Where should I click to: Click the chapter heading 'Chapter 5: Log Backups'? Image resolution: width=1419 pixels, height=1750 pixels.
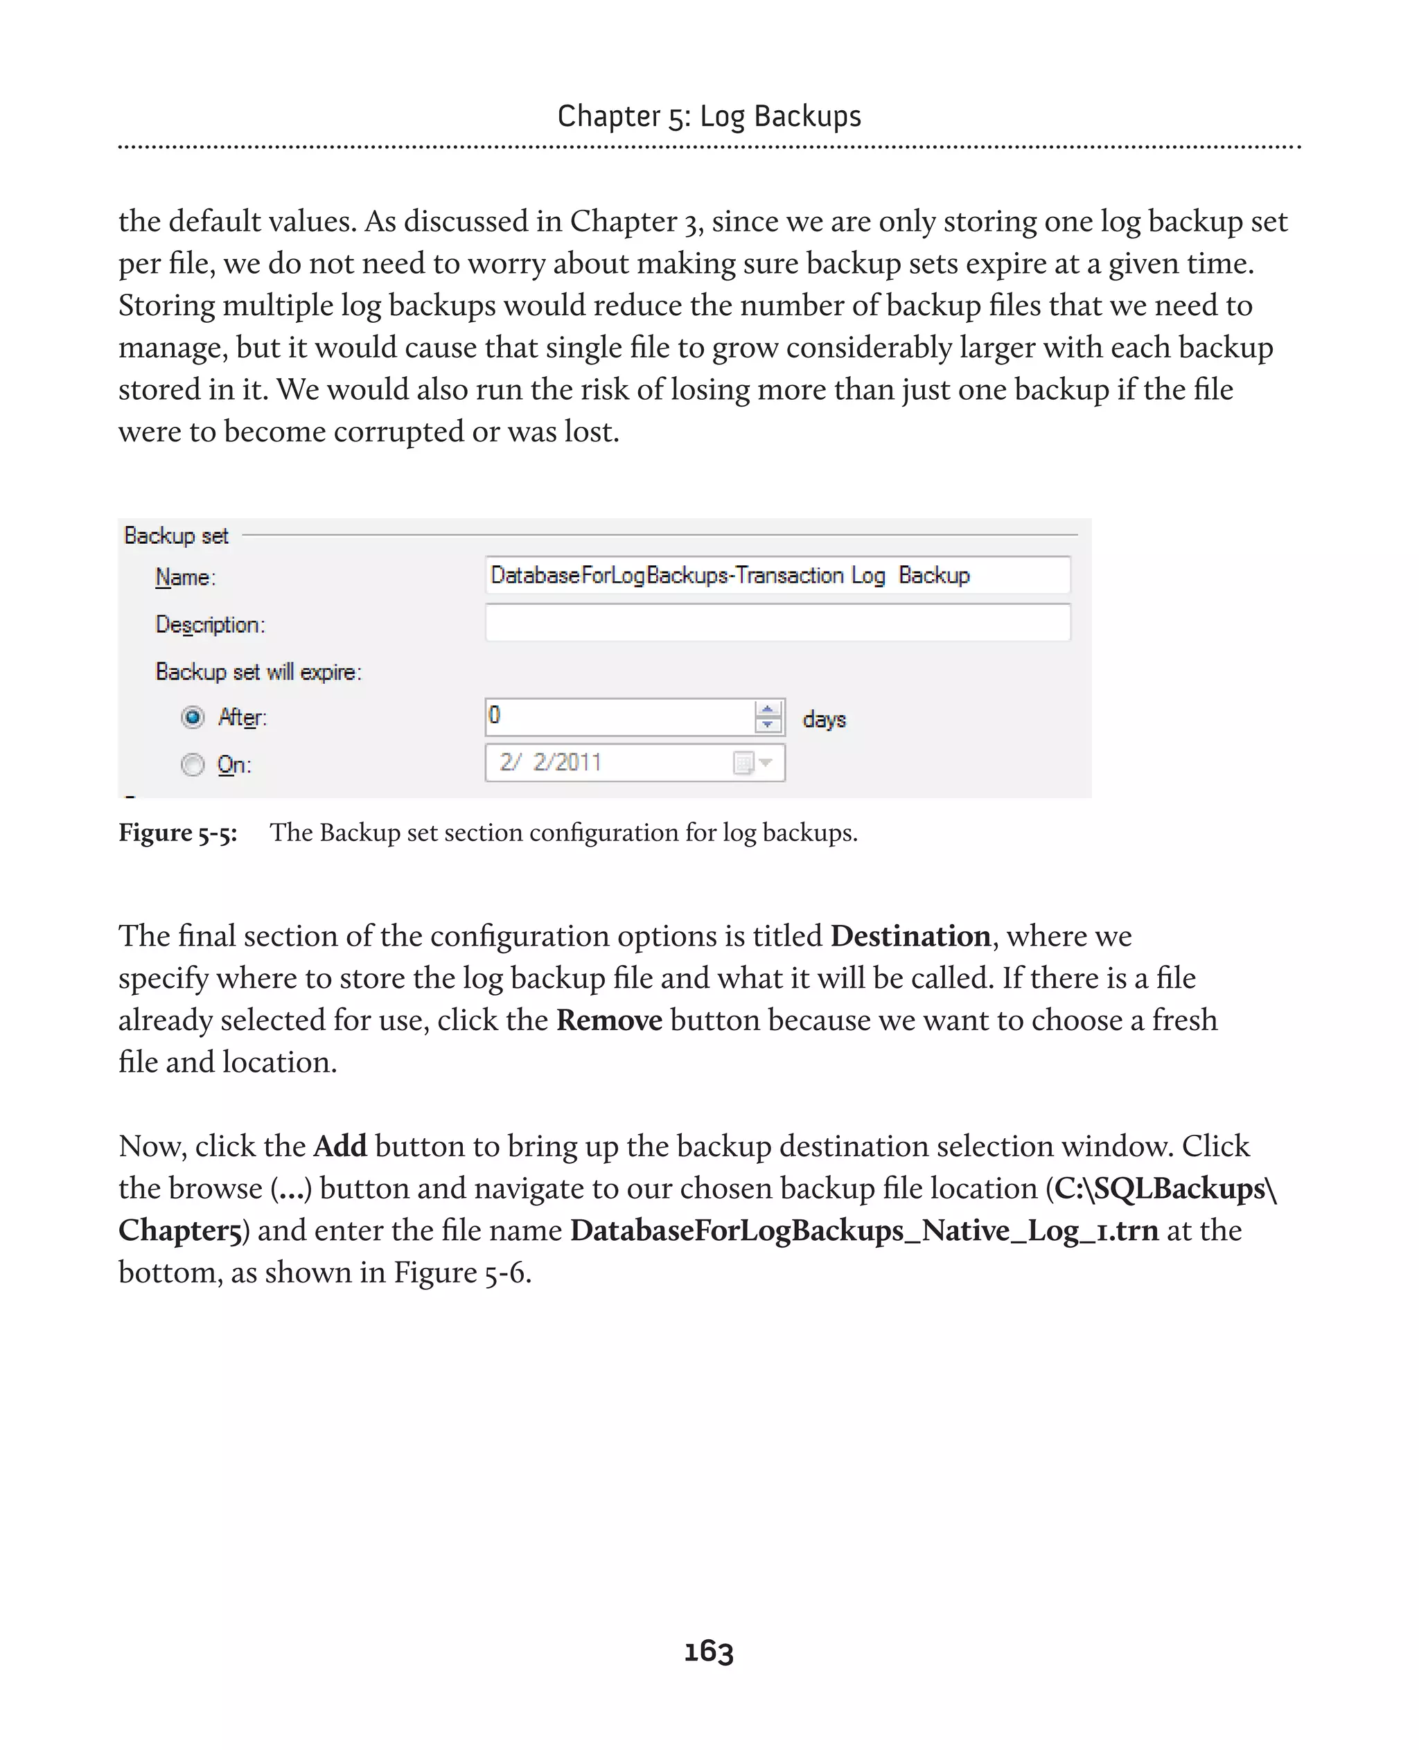(x=709, y=116)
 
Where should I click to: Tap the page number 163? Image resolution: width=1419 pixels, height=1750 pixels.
(x=709, y=1651)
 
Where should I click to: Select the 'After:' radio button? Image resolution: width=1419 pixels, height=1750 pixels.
(x=193, y=718)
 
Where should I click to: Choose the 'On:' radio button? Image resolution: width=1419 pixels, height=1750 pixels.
(x=193, y=764)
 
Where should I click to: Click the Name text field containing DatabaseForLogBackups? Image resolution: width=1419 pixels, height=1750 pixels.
(x=777, y=576)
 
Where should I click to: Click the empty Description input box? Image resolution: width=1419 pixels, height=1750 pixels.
(x=777, y=623)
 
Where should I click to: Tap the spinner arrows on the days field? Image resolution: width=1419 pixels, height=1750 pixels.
(x=768, y=717)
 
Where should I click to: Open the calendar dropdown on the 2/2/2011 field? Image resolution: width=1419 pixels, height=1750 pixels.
(x=765, y=763)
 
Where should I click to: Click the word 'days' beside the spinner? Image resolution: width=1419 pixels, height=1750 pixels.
(x=824, y=719)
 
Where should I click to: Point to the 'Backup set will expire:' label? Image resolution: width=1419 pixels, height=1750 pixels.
(x=258, y=672)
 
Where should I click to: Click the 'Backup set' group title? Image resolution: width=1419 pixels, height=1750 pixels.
(x=176, y=536)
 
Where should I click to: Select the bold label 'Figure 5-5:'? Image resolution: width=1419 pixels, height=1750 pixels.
(x=178, y=832)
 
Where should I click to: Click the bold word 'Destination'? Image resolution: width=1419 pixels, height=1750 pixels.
(x=910, y=936)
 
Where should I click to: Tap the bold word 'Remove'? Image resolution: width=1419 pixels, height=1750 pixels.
(x=609, y=1020)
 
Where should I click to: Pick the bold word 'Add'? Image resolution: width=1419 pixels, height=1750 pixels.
(x=340, y=1146)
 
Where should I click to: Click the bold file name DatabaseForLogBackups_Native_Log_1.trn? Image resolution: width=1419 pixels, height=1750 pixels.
(x=864, y=1230)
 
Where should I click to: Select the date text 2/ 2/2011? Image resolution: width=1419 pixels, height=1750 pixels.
(x=550, y=763)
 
